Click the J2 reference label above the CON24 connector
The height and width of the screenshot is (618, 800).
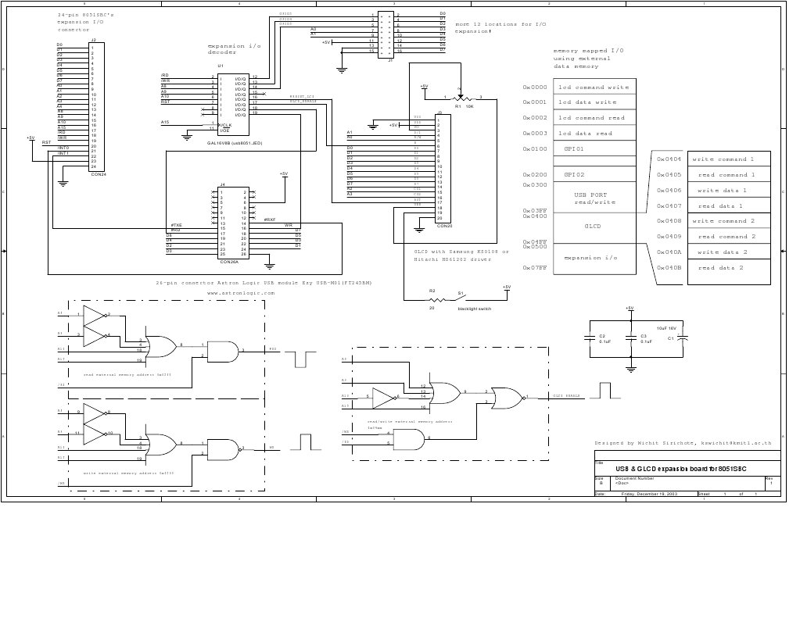93,41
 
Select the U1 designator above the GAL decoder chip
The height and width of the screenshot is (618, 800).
221,66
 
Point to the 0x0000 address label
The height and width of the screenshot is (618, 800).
535,88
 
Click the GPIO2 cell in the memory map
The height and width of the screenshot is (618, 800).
574,174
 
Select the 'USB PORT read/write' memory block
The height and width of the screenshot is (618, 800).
594,198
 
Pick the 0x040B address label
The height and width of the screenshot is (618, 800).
669,268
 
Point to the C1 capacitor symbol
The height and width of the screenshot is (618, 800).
682,338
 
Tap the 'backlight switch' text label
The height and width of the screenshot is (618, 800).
472,309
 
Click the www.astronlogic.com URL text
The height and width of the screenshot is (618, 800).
241,293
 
